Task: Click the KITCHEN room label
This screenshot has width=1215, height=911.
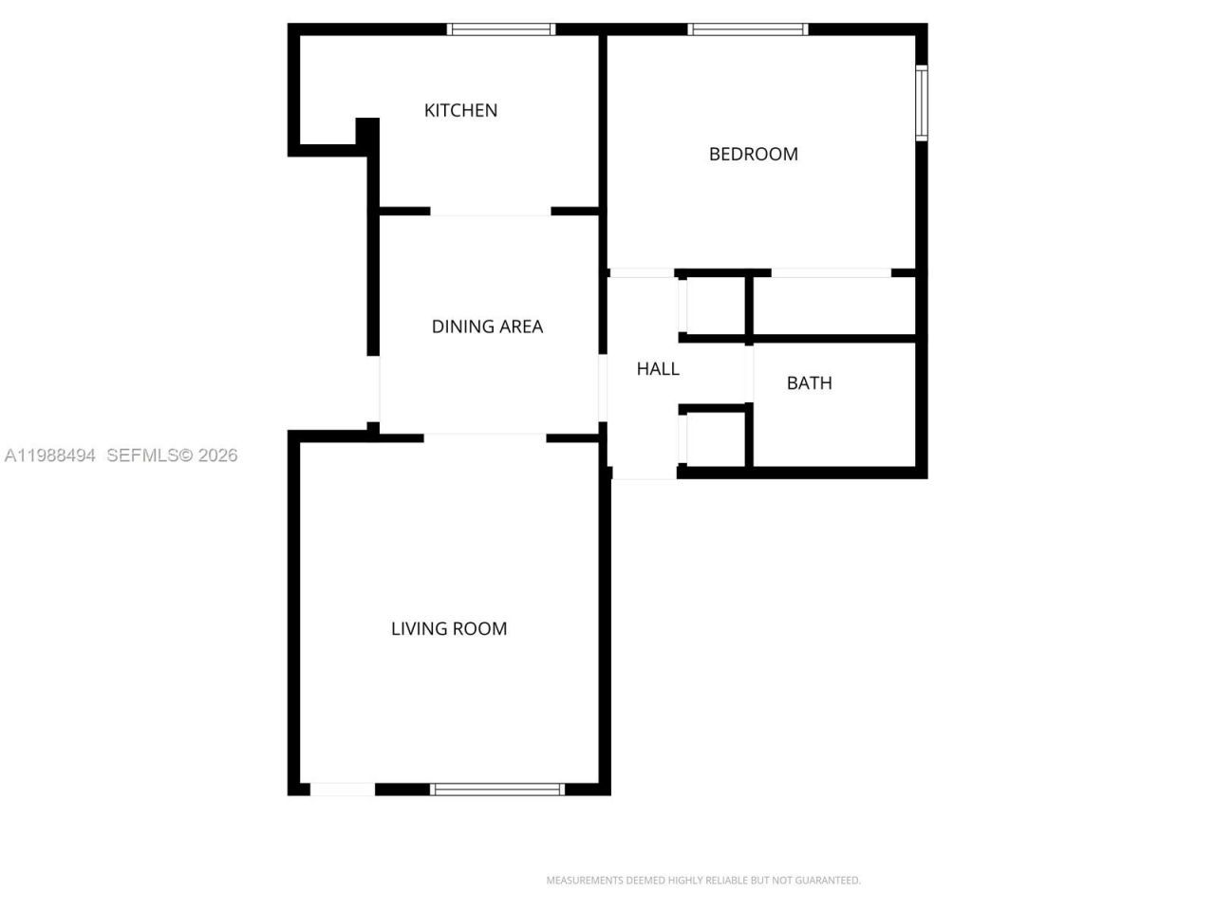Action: [x=460, y=110]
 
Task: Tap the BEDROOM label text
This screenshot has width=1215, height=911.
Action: [x=753, y=154]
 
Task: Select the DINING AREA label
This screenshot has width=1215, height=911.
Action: [x=487, y=326]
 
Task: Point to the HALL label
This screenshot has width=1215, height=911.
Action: [x=657, y=368]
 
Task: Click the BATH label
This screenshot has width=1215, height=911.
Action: [x=809, y=382]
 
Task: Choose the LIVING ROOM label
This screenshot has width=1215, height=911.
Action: [x=449, y=628]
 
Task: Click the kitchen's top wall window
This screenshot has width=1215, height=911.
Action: [x=501, y=29]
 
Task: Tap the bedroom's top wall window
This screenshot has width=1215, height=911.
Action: [x=748, y=29]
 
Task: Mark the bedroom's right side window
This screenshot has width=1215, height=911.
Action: [x=921, y=102]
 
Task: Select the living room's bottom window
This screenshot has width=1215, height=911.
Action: [x=497, y=789]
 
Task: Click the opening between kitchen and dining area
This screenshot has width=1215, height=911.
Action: [x=491, y=212]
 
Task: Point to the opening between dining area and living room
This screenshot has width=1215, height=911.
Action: [x=485, y=437]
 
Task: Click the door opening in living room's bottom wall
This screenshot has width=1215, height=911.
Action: [x=343, y=789]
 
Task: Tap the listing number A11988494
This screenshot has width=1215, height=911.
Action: [x=50, y=455]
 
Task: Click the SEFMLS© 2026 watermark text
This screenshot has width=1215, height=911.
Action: [x=172, y=455]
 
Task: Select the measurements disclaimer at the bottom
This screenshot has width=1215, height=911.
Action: [x=703, y=881]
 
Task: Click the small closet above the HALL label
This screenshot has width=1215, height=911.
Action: [x=716, y=306]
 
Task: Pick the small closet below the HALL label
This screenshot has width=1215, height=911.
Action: [x=716, y=437]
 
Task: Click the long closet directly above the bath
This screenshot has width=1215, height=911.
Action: [x=833, y=306]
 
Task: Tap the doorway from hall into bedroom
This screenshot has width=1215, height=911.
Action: [x=641, y=273]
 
